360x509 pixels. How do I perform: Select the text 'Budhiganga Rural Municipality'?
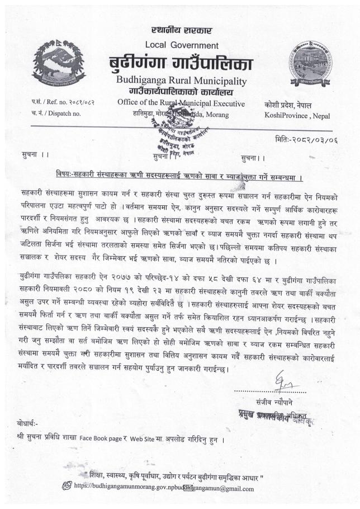point(181,82)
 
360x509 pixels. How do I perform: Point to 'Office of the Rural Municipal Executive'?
point(181,103)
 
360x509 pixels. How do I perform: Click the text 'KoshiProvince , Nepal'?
point(297,116)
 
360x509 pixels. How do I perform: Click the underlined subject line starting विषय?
point(179,171)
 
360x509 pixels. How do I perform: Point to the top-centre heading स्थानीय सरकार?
point(182,30)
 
